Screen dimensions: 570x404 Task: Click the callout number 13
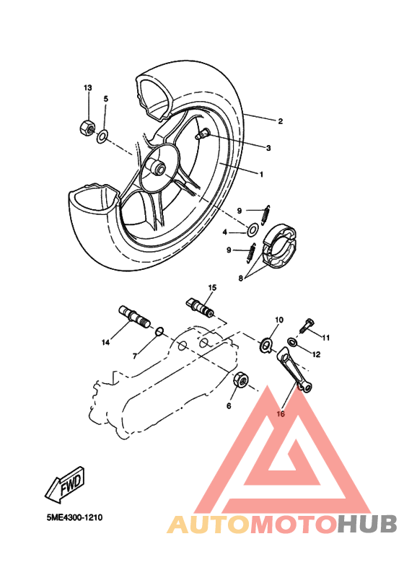(x=88, y=87)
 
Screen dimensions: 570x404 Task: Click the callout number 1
(x=261, y=174)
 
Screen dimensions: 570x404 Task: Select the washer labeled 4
(x=253, y=231)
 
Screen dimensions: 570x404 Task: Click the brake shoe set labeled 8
(x=280, y=245)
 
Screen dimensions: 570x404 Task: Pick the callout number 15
(x=212, y=287)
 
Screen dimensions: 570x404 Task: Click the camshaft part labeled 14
(x=131, y=317)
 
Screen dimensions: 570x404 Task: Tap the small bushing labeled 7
(x=161, y=331)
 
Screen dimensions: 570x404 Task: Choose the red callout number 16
(x=281, y=415)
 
